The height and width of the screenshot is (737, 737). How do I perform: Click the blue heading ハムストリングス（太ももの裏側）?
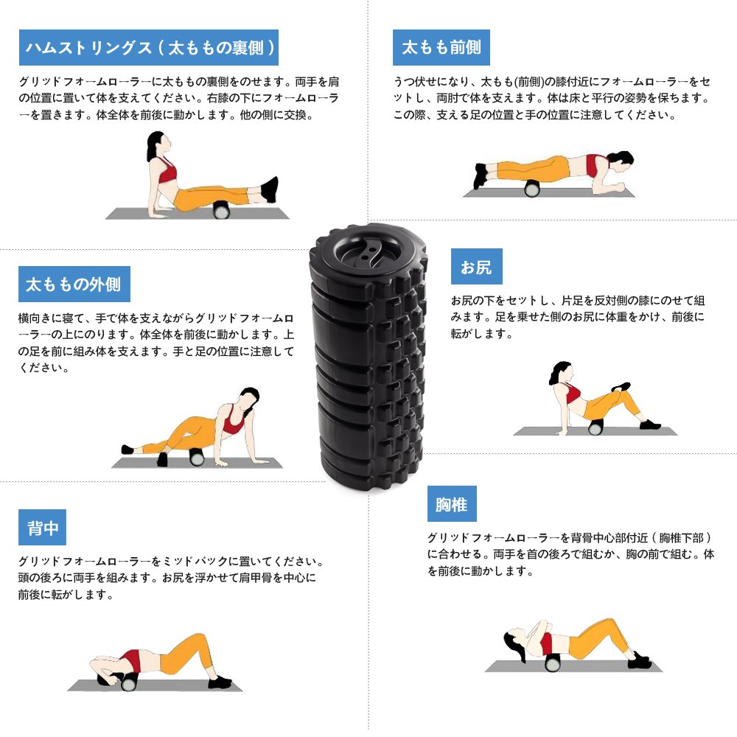(149, 47)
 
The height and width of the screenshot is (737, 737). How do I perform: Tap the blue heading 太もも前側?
(441, 47)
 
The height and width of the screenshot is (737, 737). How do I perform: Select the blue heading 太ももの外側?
(74, 284)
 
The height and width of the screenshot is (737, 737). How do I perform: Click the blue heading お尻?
(477, 267)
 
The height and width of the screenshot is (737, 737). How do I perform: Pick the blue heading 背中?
(42, 528)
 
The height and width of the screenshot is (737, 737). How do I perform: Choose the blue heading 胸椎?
(452, 504)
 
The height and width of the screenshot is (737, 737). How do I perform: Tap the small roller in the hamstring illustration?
(221, 210)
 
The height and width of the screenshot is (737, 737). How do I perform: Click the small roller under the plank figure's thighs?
(532, 189)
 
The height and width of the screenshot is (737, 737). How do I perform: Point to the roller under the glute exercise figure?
(595, 427)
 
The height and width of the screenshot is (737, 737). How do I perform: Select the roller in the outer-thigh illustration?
(197, 457)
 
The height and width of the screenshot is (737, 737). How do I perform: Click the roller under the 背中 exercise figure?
(128, 682)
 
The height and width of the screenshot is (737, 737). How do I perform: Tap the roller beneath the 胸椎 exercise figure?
(553, 663)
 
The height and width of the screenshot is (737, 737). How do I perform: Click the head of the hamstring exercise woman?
(157, 144)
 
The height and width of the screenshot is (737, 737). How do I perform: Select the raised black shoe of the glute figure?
(621, 387)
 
